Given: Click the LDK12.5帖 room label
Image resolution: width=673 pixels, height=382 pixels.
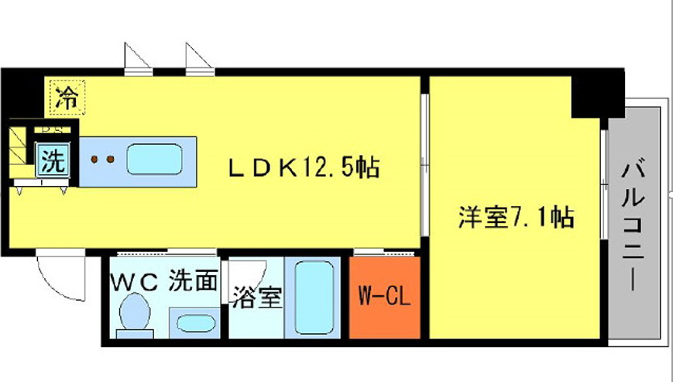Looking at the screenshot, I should (x=302, y=167).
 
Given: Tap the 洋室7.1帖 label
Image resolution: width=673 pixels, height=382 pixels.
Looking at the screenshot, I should (x=515, y=218).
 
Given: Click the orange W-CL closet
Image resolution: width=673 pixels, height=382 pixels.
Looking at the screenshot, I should (x=384, y=297).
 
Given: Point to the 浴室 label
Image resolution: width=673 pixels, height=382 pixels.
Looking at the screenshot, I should (x=256, y=298).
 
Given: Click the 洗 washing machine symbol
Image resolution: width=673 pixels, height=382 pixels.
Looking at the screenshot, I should (x=53, y=162).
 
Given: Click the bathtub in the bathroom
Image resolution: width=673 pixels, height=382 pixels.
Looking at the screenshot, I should (x=314, y=297).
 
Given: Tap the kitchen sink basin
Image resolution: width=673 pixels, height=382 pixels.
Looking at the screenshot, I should (x=154, y=160).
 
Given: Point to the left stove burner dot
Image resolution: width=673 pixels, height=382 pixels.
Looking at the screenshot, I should (x=94, y=160).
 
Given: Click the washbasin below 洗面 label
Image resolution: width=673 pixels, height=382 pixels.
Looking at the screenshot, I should (x=193, y=322).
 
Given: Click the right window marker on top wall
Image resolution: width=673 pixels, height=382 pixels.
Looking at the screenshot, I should (x=197, y=57).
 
